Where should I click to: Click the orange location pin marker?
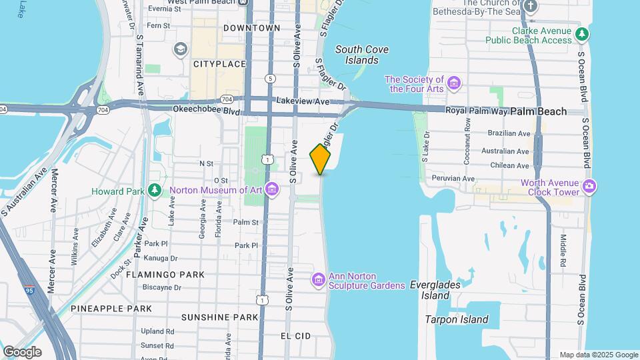[321, 159]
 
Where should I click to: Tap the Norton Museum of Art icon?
[271, 190]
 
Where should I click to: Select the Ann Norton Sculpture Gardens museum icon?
[319, 279]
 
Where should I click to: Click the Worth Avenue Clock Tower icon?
[589, 185]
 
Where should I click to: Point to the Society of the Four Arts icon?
[454, 83]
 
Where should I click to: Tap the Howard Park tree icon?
[155, 191]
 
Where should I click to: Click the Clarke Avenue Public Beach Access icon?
[583, 34]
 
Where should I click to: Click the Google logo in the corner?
[21, 351]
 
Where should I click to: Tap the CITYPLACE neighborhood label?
[219, 64]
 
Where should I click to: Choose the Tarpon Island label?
[457, 319]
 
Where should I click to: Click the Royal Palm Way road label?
[473, 111]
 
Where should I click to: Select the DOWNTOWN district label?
[251, 28]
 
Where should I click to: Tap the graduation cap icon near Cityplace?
[180, 49]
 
